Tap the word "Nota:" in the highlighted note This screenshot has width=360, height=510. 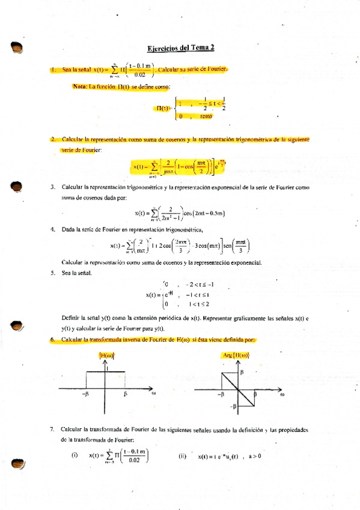point(80,87)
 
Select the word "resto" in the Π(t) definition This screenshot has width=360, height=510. point(206,117)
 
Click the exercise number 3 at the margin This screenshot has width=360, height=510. point(53,188)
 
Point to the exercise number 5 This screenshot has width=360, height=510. point(53,272)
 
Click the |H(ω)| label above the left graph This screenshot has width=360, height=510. point(106,357)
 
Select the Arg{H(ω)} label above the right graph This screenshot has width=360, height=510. point(236,357)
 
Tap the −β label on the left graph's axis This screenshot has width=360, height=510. point(85,395)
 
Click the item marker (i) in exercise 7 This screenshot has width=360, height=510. point(75,455)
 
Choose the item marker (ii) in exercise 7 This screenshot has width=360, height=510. point(183,456)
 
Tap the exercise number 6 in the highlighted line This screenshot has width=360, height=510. point(53,340)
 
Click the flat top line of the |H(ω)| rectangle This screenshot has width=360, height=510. point(106,372)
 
